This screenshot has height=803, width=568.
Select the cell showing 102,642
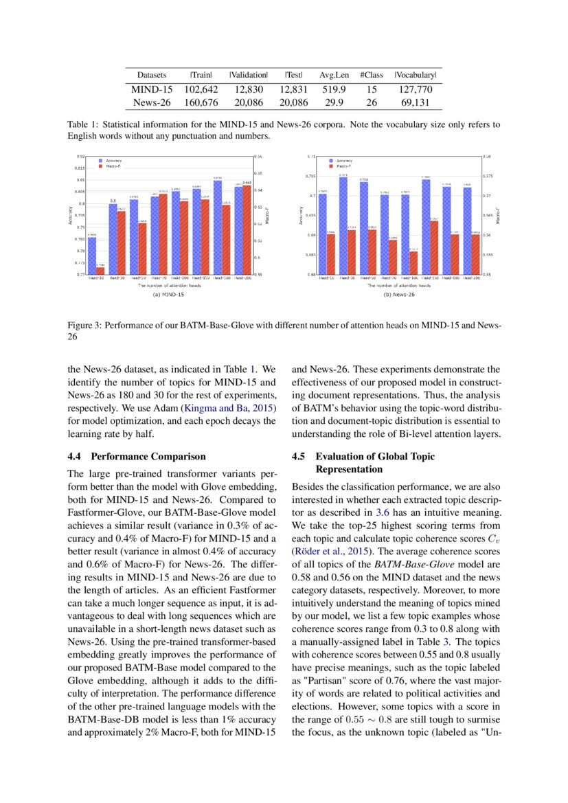201,89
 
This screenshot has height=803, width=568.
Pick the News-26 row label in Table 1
152,103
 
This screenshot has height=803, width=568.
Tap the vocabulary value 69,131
415,103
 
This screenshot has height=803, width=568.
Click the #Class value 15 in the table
372,89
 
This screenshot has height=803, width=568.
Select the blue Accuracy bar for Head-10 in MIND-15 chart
91,256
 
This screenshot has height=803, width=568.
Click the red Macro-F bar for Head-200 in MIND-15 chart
247,229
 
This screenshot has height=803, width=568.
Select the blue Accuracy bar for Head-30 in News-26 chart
343,226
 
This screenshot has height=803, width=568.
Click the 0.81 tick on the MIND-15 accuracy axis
81,180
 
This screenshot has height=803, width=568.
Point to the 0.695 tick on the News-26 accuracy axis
308,216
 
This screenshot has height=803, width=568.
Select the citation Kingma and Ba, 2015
232,408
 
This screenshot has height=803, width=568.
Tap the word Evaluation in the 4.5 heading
340,456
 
